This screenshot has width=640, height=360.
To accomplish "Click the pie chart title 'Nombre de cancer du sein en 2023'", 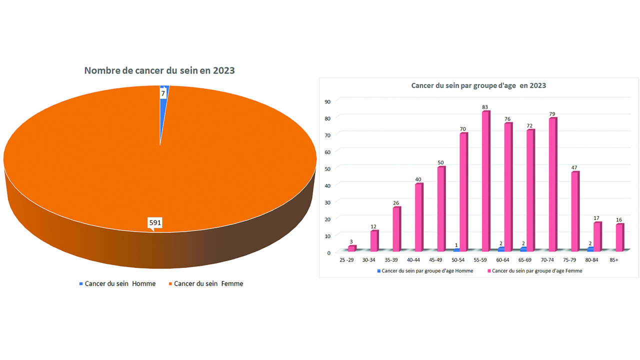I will coord(159,70).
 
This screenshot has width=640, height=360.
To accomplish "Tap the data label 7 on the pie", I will coord(163,93).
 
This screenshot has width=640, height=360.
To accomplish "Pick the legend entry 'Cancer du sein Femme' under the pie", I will coord(208,283).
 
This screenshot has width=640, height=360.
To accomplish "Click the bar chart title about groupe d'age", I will coord(478,85).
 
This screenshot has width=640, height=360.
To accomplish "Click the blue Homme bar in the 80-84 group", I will coord(590,248).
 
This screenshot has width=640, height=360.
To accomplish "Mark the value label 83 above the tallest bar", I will coord(485,107).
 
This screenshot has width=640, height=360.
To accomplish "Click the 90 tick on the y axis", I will coord(327,101).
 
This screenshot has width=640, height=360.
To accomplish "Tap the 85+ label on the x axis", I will coord(614,260).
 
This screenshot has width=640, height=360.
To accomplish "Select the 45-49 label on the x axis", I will coord(435,260).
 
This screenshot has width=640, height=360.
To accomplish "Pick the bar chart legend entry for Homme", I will coord(425,271).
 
